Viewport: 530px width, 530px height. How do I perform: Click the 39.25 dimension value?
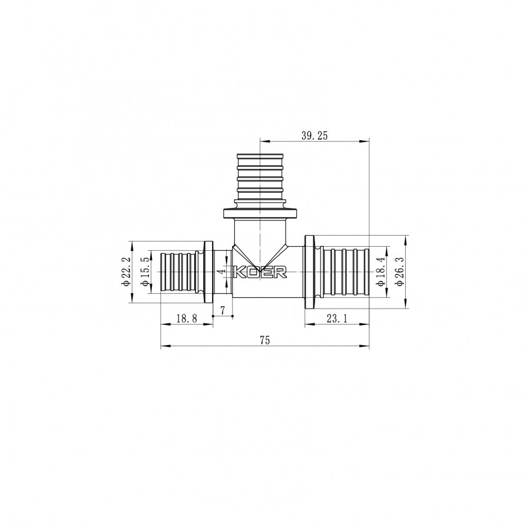click(x=314, y=136)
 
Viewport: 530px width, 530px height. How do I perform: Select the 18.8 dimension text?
click(x=187, y=319)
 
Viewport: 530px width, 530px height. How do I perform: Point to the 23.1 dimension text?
click(x=337, y=319)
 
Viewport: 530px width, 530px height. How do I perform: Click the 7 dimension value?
click(x=223, y=310)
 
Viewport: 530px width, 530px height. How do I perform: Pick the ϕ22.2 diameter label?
click(x=126, y=271)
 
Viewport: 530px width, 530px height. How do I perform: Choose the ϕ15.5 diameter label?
click(x=145, y=271)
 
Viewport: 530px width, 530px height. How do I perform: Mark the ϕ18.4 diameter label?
click(x=381, y=271)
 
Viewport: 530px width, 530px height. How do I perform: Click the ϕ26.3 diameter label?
click(x=400, y=271)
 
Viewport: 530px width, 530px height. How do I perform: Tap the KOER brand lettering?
click(x=261, y=272)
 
